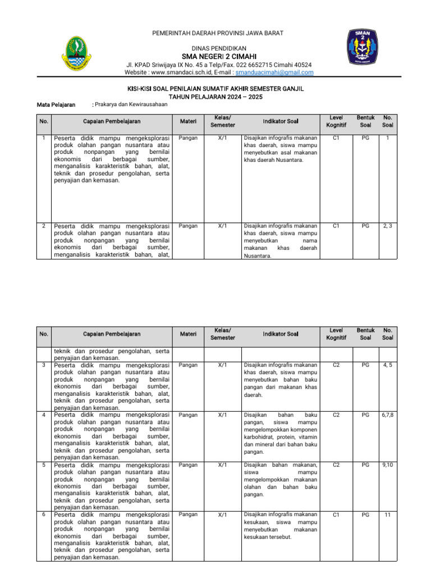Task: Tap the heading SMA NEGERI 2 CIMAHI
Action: coord(218,57)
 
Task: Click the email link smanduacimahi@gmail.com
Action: coord(274,72)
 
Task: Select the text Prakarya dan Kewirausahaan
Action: coord(131,104)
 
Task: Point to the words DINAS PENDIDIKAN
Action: coord(218,48)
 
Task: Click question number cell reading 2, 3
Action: coord(387,226)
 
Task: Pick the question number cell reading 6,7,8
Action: coord(387,415)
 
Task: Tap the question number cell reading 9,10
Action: coord(387,465)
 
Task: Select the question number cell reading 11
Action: coord(387,514)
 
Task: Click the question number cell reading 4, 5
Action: coord(387,365)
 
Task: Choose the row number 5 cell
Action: coord(44,465)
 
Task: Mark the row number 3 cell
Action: coord(44,365)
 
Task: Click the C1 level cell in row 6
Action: coord(336,514)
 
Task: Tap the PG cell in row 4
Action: coord(365,415)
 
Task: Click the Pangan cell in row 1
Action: coord(188,138)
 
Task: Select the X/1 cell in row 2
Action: coord(222,226)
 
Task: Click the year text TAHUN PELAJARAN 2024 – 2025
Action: coord(216,97)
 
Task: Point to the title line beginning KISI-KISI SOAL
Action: coord(216,88)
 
